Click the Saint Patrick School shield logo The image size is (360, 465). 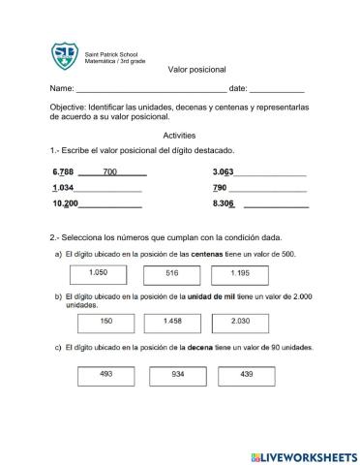click(65, 56)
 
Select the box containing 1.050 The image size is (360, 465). click(99, 275)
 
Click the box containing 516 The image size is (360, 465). click(172, 275)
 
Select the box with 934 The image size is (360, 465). click(177, 374)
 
